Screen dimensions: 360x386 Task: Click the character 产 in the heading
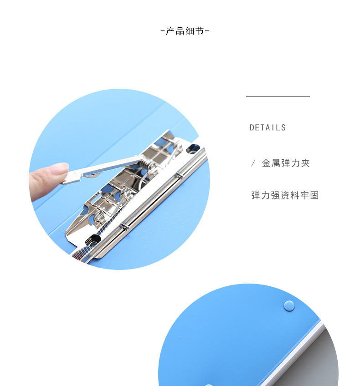point(170,31)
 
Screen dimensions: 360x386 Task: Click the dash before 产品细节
point(163,31)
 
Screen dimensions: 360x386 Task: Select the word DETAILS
point(267,127)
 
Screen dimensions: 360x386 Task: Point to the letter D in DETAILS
point(252,127)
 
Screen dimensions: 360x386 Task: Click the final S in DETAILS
point(283,127)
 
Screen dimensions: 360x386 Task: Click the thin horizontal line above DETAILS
point(278,97)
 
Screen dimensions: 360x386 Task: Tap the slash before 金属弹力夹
point(253,163)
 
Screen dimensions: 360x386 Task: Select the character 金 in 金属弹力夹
point(267,163)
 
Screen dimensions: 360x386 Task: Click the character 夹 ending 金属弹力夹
point(305,163)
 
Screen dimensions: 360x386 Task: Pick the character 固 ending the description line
point(314,195)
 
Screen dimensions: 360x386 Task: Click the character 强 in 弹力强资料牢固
point(275,195)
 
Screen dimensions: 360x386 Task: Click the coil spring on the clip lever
point(149,164)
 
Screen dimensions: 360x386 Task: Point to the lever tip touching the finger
point(65,182)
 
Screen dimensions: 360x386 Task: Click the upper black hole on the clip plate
point(192,149)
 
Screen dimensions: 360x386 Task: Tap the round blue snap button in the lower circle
point(289,306)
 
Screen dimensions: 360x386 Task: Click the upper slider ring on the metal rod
point(180,175)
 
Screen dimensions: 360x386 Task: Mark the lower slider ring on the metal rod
point(125,227)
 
